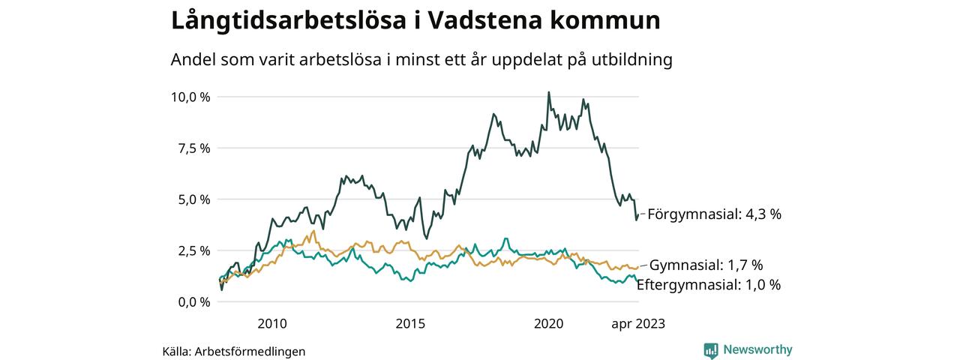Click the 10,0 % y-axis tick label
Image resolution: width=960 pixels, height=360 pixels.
pyautogui.click(x=190, y=97)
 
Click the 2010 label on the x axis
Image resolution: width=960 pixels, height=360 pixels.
pyautogui.click(x=271, y=324)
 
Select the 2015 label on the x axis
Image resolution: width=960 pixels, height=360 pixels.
pyautogui.click(x=410, y=324)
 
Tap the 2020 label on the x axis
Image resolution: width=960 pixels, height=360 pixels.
pyautogui.click(x=548, y=324)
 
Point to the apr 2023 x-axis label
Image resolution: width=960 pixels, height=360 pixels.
pyautogui.click(x=637, y=324)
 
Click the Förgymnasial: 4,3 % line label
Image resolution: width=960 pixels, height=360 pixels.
pyautogui.click(x=714, y=214)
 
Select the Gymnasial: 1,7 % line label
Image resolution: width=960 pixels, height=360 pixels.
pyautogui.click(x=706, y=265)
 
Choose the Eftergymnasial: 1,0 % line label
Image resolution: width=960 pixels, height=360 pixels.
pyautogui.click(x=709, y=285)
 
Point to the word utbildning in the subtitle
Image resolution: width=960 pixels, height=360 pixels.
pyautogui.click(x=633, y=60)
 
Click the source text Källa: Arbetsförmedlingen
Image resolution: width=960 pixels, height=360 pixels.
pyautogui.click(x=234, y=351)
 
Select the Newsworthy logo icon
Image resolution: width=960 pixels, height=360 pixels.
pyautogui.click(x=711, y=349)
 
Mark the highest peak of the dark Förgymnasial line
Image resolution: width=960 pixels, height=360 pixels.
pyautogui.click(x=548, y=92)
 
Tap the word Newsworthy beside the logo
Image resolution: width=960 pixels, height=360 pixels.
pyautogui.click(x=757, y=349)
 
